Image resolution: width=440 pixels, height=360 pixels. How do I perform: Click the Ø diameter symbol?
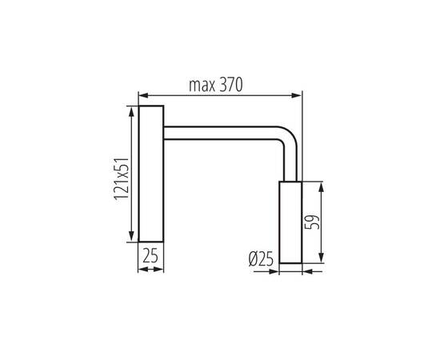click(254, 259)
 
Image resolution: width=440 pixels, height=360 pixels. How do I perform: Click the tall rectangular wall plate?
click(151, 173)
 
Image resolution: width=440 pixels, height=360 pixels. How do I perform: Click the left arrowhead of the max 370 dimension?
click(142, 94)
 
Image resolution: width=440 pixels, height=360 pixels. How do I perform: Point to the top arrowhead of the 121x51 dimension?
click(130, 108)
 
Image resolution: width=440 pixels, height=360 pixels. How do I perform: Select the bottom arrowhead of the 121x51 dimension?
click(130, 238)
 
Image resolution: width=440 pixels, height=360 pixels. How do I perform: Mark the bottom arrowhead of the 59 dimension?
click(321, 259)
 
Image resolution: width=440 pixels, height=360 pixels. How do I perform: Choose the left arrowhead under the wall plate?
click(142, 270)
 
